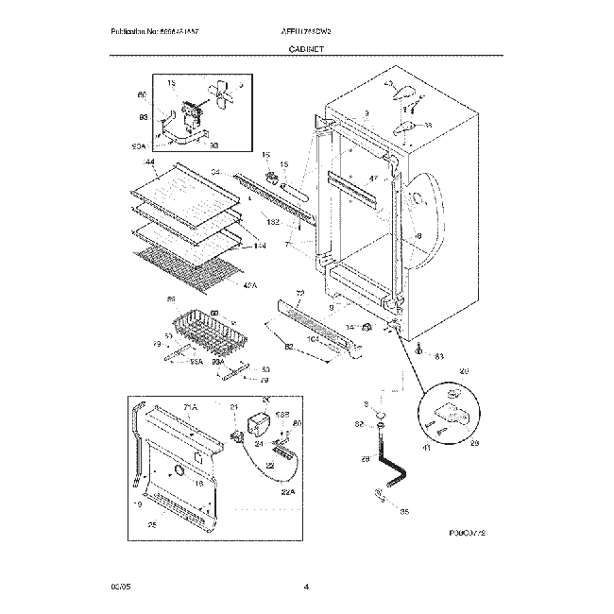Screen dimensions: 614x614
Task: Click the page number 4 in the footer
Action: click(x=306, y=587)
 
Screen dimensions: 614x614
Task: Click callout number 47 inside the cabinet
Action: click(x=372, y=179)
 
